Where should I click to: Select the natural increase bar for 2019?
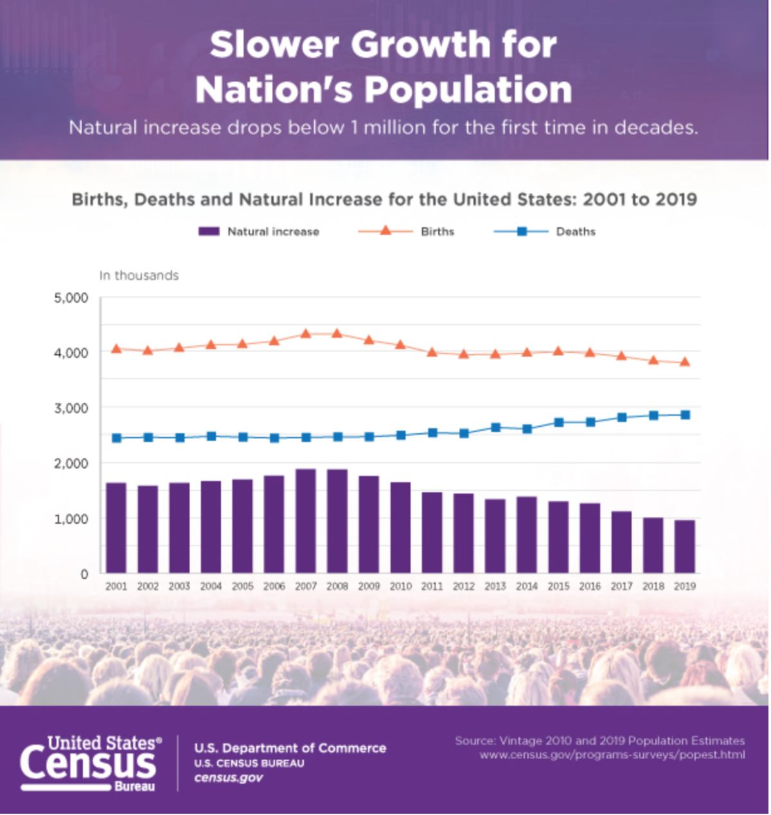coord(685,546)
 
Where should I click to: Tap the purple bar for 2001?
coord(116,528)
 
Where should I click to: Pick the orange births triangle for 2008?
coord(337,334)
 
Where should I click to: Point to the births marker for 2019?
coord(685,362)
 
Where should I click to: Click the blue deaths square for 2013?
coord(495,427)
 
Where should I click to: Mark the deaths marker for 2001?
coord(116,438)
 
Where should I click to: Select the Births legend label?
coord(438,232)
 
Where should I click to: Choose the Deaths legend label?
coord(576,232)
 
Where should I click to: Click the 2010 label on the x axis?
coord(400,586)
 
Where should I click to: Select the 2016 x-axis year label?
coord(590,586)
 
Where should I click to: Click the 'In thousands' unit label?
coord(139,276)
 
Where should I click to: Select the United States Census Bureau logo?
coord(91,763)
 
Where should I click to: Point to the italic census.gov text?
coord(228,778)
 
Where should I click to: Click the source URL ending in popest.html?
coord(612,755)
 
